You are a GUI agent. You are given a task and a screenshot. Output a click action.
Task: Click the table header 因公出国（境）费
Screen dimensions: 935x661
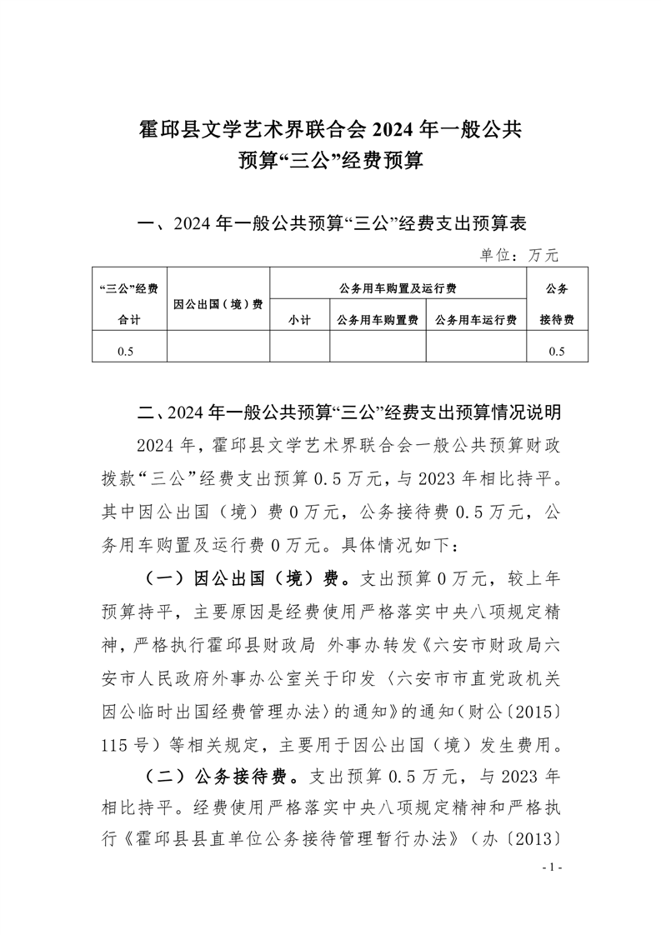pyautogui.click(x=218, y=304)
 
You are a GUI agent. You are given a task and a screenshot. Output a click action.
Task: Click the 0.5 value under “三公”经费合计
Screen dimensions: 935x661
pyautogui.click(x=125, y=351)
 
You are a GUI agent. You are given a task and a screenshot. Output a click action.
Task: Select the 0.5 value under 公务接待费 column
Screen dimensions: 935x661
pyautogui.click(x=557, y=351)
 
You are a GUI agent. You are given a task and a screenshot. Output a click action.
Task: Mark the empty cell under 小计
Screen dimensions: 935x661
pyautogui.click(x=299, y=351)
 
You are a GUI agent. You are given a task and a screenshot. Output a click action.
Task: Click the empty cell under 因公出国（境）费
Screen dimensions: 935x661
pyautogui.click(x=218, y=351)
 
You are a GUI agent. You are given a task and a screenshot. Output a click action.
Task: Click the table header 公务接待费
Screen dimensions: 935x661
pyautogui.click(x=557, y=304)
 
